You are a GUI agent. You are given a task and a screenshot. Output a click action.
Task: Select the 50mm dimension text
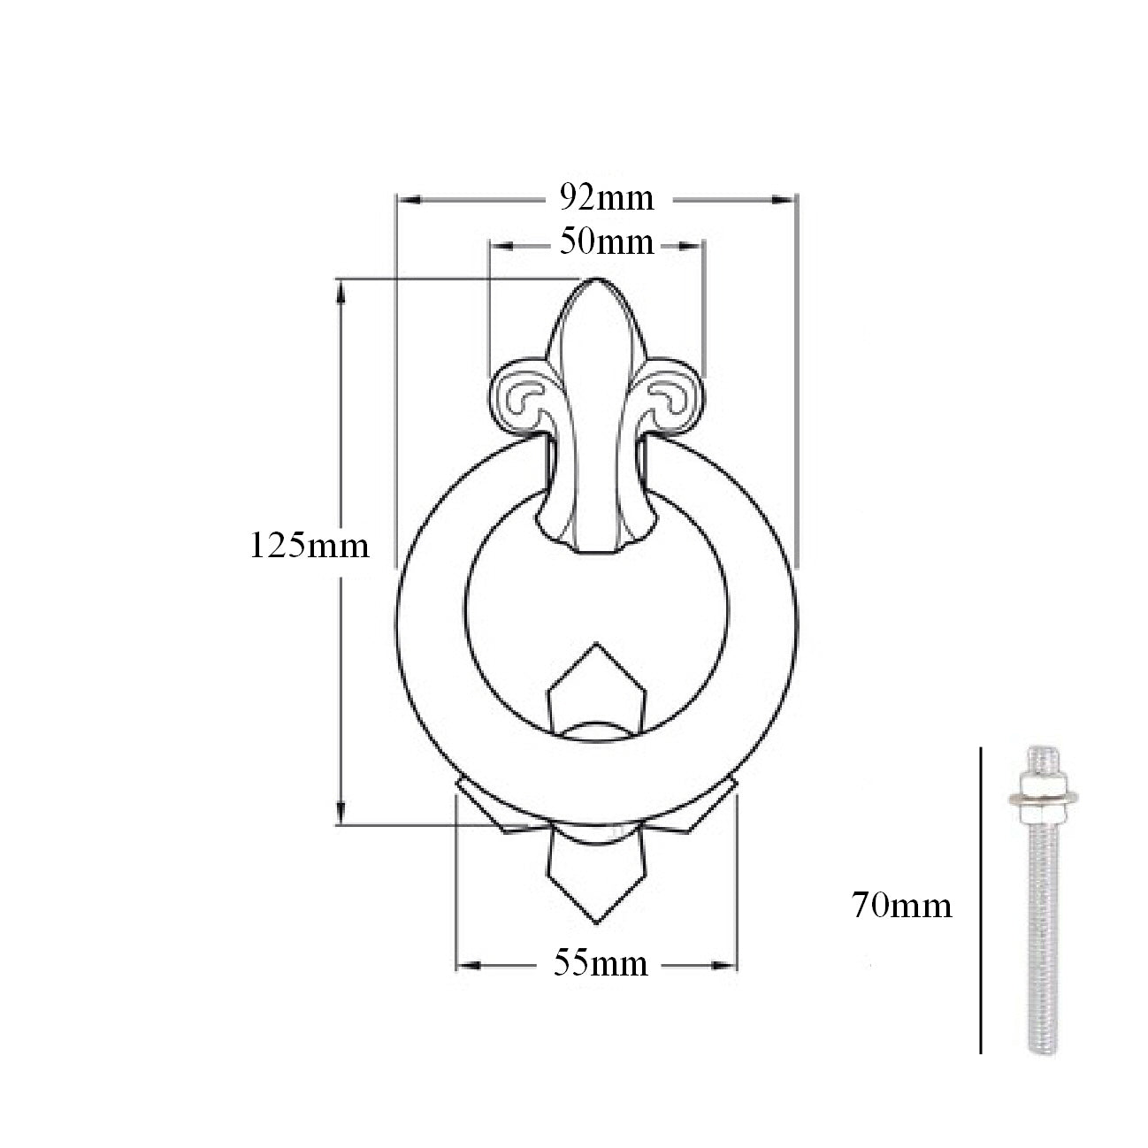click(x=607, y=243)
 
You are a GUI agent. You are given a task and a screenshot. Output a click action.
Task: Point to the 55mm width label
click(x=601, y=964)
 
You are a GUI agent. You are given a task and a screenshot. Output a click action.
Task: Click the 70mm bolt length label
click(x=902, y=906)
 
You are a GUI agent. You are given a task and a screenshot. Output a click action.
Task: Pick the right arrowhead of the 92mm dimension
click(x=784, y=200)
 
